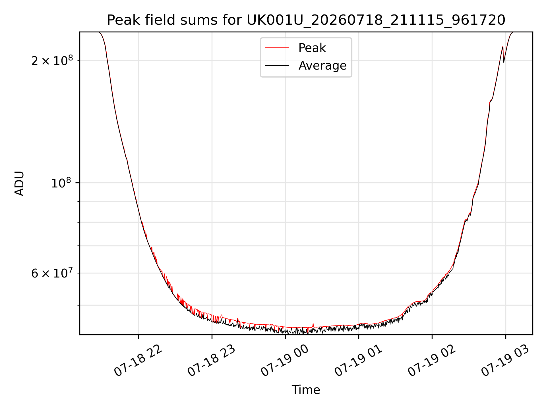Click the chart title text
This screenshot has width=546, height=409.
click(306, 20)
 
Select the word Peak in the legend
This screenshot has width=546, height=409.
click(312, 48)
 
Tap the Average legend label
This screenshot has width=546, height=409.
click(322, 66)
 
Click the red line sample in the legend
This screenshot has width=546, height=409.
click(277, 48)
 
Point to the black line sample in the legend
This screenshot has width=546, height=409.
click(277, 66)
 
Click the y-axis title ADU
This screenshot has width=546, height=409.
click(19, 183)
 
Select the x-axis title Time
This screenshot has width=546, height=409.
click(306, 390)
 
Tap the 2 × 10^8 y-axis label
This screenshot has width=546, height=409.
click(52, 60)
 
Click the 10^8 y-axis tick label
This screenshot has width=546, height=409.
click(62, 183)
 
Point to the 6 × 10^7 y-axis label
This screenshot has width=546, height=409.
click(52, 273)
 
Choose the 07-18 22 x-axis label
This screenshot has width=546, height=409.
click(138, 361)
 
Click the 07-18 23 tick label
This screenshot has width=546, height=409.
click(212, 361)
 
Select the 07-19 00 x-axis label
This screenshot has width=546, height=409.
click(285, 361)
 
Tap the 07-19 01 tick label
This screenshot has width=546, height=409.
click(358, 361)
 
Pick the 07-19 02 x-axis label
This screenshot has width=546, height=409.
click(432, 361)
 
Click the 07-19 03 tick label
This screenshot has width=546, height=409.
click(505, 361)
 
